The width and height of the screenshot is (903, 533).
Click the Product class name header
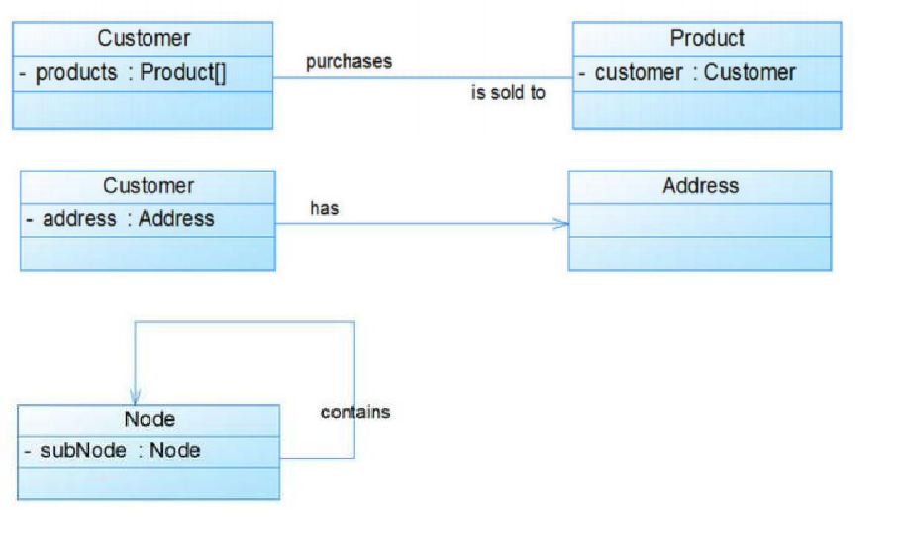[707, 38]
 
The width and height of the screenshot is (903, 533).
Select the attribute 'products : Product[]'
[131, 73]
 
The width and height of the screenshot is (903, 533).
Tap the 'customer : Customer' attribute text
[695, 72]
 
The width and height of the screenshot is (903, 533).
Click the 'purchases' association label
[349, 61]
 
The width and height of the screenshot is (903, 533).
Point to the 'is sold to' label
[508, 93]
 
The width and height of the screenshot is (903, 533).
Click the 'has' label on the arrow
[324, 208]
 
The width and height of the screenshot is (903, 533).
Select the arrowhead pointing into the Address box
[560, 224]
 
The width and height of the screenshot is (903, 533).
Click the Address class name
[700, 185]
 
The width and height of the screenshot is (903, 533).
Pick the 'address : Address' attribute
[129, 219]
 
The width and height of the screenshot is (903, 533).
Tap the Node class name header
[150, 419]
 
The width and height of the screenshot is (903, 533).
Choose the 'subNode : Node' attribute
[120, 450]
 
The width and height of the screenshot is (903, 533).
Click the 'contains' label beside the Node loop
[355, 412]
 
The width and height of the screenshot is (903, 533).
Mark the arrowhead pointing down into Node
[136, 397]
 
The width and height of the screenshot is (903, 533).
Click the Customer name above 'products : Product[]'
[144, 38]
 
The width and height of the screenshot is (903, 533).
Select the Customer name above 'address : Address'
[149, 186]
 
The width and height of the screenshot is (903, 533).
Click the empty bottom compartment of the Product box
[707, 110]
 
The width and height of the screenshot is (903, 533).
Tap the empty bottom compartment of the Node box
[149, 482]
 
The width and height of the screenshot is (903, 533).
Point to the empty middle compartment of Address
[700, 220]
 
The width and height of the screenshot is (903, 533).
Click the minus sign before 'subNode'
[28, 451]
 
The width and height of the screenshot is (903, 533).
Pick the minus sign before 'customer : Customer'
[582, 73]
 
